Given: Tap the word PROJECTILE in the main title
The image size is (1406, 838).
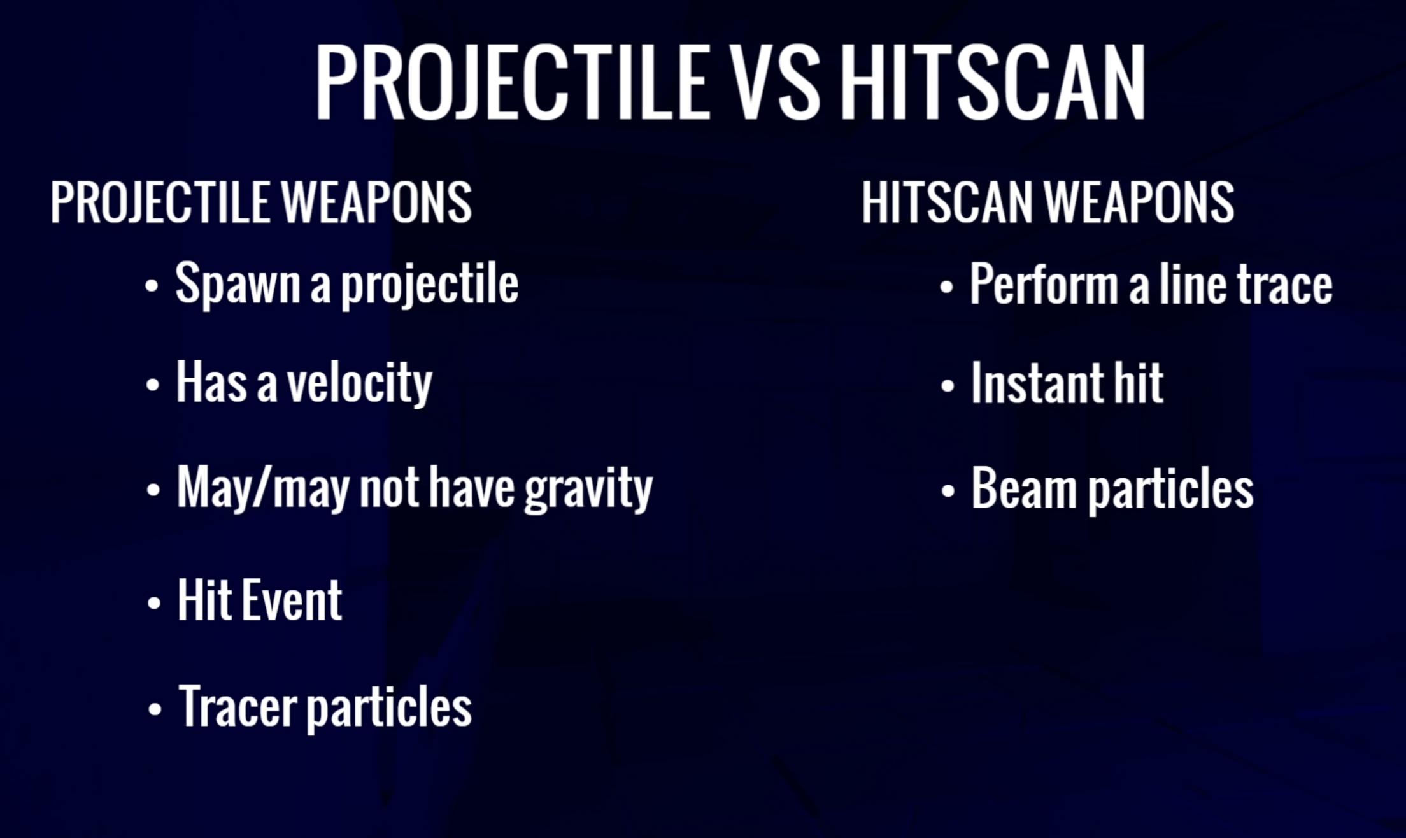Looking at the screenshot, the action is [513, 83].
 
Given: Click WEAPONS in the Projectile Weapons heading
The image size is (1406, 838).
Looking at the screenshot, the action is [376, 202].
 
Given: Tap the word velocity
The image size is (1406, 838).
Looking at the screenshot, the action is [360, 383].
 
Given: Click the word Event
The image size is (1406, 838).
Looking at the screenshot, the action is [292, 600].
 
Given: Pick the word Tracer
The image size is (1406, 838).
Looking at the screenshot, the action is [238, 706].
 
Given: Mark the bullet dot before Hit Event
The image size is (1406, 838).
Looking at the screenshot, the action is [153, 602].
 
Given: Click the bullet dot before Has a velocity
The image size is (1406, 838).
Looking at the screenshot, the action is [152, 385].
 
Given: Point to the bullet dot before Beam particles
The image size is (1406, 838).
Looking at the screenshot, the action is [948, 491].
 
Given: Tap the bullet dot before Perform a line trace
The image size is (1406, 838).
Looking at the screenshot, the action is [947, 287].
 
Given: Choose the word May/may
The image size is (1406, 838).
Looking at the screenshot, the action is [263, 488].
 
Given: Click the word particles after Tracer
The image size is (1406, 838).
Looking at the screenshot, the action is [390, 707].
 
